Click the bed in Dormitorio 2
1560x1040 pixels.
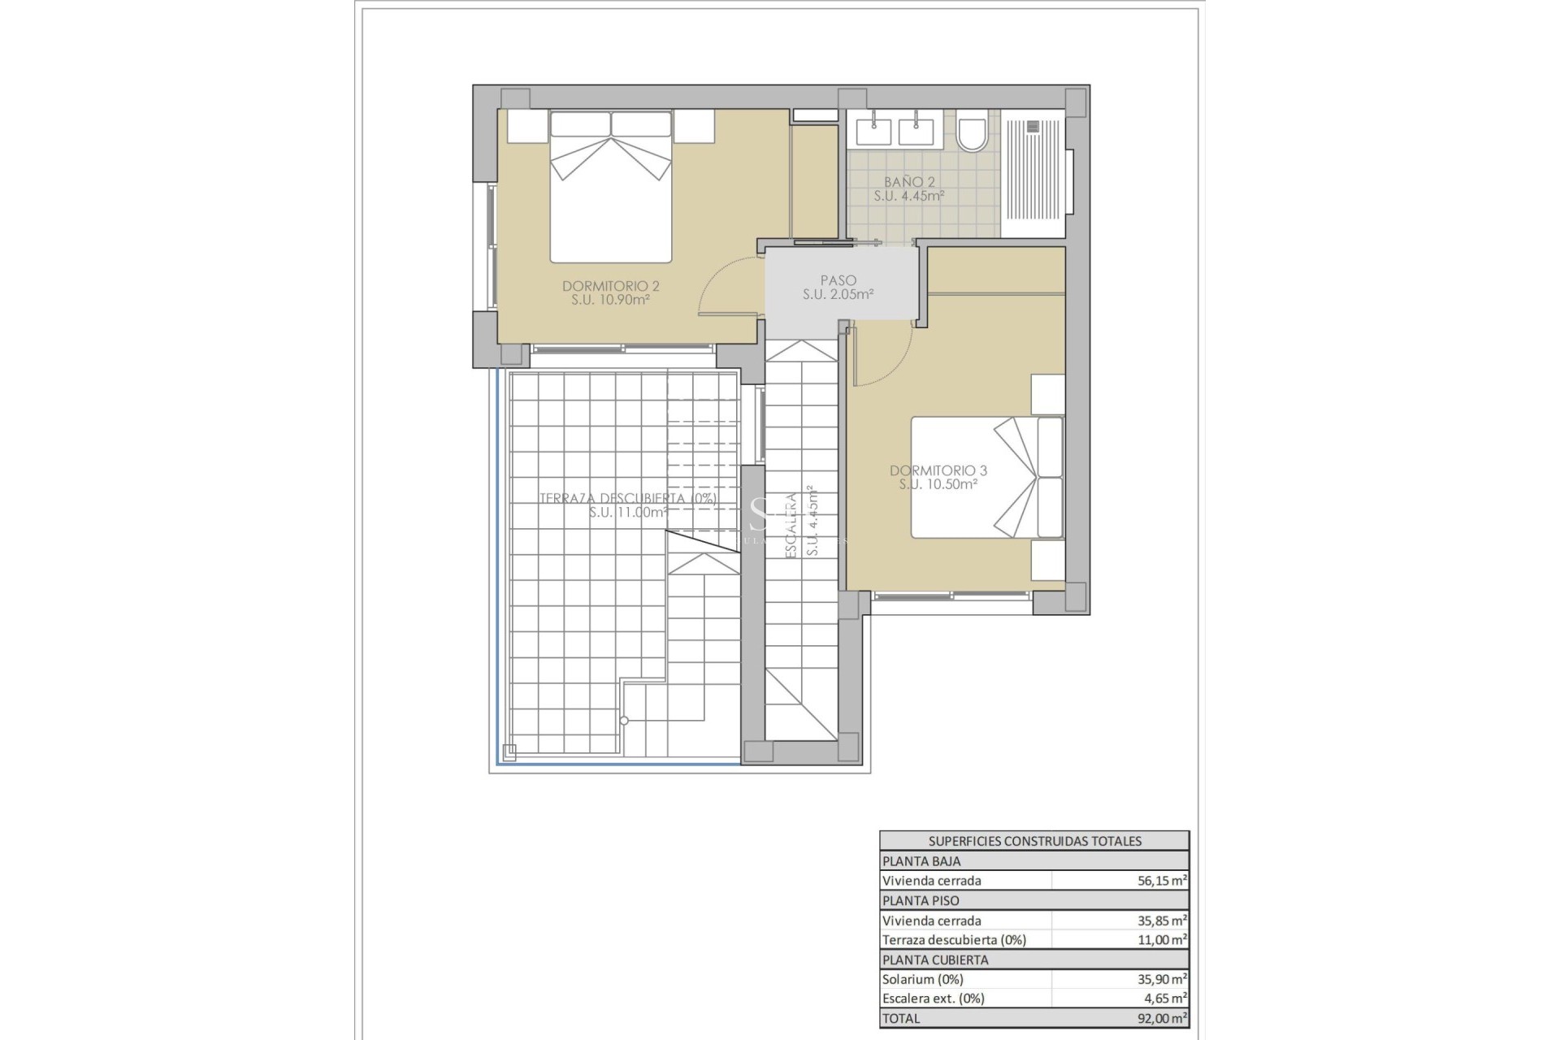[611, 187]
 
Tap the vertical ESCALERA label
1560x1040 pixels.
[790, 525]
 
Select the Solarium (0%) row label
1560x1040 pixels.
[922, 979]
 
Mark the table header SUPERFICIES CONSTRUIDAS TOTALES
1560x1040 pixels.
[1034, 841]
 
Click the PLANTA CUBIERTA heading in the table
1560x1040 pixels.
[934, 960]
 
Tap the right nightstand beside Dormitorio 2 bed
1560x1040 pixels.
[693, 127]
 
